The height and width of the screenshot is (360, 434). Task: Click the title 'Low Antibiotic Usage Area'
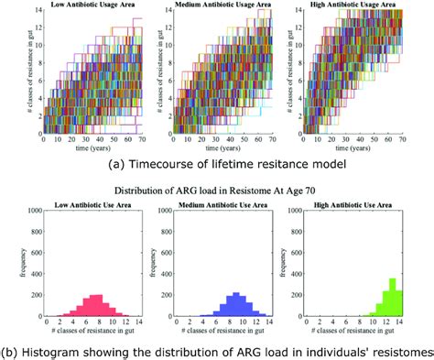(90, 6)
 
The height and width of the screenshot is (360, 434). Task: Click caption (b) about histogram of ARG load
(217, 349)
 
